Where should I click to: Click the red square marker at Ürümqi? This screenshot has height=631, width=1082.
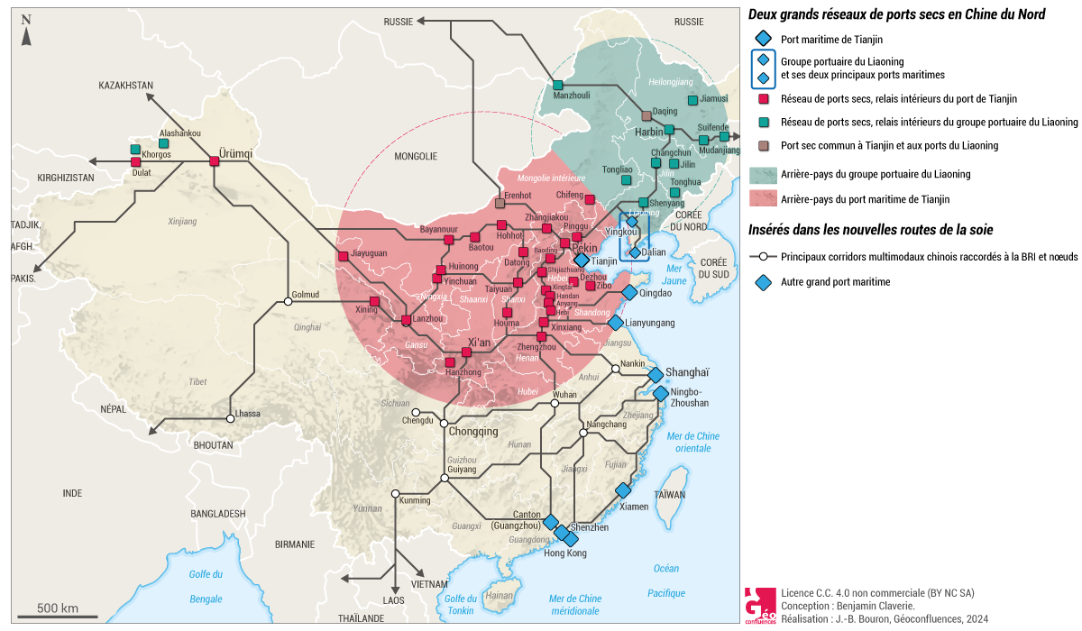(215, 161)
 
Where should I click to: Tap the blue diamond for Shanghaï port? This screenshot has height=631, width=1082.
(656, 374)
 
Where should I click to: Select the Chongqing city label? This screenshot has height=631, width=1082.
(472, 432)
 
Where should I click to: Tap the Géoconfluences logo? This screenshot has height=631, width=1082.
(759, 605)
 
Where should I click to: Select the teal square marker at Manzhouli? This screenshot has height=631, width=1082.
(558, 85)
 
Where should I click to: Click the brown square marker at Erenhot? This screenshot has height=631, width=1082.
(500, 204)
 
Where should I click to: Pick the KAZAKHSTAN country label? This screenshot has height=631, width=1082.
(126, 85)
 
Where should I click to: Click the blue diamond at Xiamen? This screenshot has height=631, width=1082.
(622, 490)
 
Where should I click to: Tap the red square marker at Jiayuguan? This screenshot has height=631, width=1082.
(343, 256)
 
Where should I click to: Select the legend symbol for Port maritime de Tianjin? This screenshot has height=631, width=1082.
(763, 39)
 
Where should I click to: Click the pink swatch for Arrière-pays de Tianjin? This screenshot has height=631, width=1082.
(763, 198)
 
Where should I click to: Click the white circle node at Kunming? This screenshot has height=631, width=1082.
(395, 493)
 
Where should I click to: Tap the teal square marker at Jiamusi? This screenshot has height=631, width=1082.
(692, 100)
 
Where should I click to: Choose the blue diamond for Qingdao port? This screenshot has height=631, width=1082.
(628, 292)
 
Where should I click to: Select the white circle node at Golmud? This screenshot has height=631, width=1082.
(289, 301)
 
